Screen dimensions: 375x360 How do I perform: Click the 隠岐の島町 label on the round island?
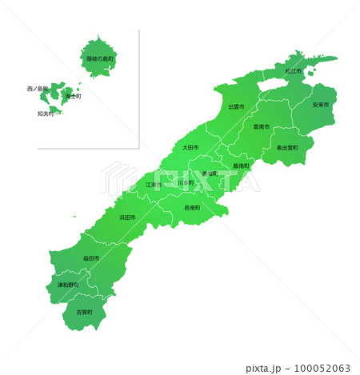tap(100, 58)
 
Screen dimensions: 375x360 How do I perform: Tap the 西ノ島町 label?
tap(38, 89)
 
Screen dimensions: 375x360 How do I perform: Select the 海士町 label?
tap(73, 96)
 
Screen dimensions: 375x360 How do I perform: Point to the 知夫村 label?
tap(46, 114)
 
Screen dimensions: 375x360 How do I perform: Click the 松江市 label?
tap(293, 71)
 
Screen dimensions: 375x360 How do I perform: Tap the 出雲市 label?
tap(236, 106)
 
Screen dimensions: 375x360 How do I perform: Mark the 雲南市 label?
tap(262, 126)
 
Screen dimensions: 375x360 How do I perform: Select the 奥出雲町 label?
tap(287, 148)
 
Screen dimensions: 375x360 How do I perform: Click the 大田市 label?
tap(190, 147)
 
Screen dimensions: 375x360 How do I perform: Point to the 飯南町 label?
tap(242, 166)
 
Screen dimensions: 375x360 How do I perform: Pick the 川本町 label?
tap(186, 183)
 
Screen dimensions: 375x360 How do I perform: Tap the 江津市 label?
tap(153, 185)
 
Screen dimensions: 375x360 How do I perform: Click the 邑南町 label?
tap(192, 208)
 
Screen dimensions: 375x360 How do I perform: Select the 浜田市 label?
tap(128, 217)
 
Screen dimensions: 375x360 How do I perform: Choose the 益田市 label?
tap(91, 258)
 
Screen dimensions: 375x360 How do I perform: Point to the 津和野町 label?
tap(67, 285)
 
